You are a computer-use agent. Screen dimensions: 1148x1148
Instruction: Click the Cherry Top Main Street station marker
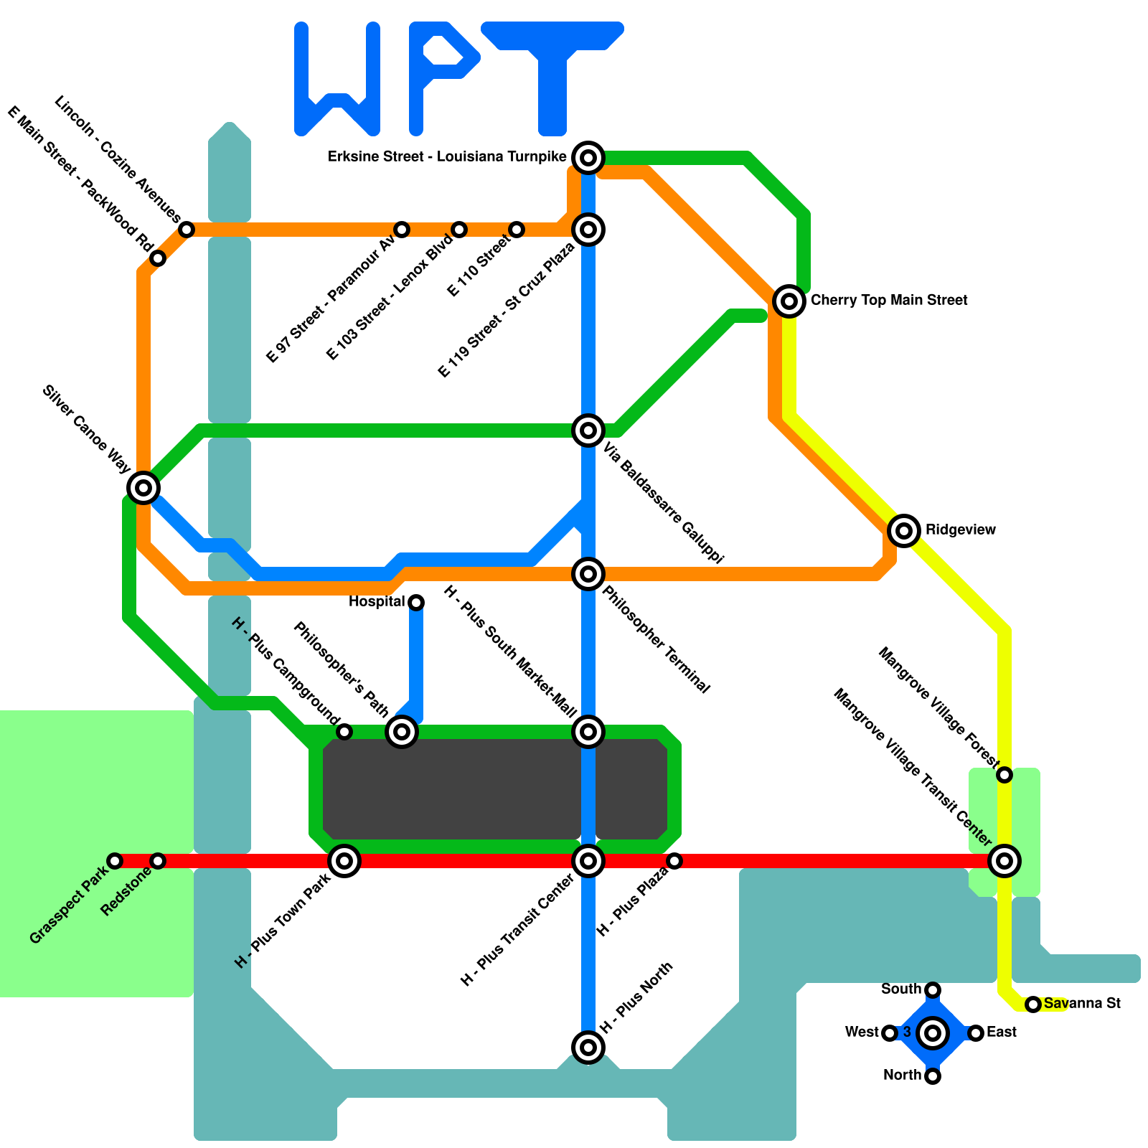pos(789,301)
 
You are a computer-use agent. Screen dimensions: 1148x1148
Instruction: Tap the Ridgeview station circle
pos(904,530)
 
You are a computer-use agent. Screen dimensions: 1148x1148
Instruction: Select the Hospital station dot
pos(416,602)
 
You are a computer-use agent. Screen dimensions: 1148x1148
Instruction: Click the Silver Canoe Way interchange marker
pos(143,488)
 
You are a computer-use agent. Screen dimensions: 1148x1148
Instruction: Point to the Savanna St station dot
pos(1032,1004)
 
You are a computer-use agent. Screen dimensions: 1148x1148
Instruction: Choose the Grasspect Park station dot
pos(115,860)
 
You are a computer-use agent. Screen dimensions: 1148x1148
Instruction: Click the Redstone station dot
pos(158,860)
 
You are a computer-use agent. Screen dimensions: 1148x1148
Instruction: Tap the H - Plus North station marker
pos(588,1047)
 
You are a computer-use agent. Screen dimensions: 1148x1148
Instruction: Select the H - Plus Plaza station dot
pos(674,860)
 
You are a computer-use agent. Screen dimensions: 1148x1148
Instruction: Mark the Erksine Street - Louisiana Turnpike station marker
pos(588,157)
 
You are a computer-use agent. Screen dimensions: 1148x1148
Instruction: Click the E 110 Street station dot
pos(517,230)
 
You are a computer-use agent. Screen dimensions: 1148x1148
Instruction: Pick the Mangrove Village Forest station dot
pos(1004,774)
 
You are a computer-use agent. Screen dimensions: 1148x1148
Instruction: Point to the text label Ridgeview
pos(960,530)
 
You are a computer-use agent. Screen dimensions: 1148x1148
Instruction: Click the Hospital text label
pos(377,601)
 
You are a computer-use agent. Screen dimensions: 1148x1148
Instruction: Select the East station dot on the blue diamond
pos(975,1032)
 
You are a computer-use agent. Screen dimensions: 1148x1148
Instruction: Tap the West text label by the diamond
pos(861,1032)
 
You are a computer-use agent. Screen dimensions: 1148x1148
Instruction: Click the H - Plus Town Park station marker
pos(344,860)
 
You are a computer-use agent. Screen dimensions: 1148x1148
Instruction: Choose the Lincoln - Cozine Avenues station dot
pos(187,230)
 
